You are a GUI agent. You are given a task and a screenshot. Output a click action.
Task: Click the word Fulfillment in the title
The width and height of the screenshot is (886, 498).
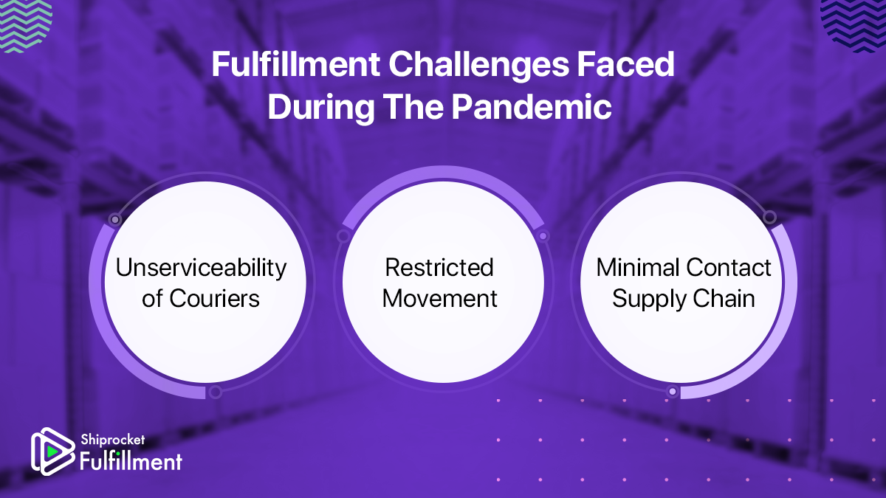[296, 64]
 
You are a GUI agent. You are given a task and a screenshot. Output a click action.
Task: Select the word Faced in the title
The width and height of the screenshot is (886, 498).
[626, 64]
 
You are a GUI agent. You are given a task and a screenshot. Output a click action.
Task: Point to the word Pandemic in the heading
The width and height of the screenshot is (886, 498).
[532, 107]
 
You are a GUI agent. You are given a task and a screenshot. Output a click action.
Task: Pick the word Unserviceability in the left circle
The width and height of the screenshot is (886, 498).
[201, 269]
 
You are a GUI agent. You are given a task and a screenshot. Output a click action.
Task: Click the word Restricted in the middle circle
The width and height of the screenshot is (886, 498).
[439, 268]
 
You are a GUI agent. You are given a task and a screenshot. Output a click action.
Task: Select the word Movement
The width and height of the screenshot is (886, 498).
[439, 298]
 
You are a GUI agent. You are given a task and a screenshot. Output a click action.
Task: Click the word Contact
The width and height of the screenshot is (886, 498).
[729, 268]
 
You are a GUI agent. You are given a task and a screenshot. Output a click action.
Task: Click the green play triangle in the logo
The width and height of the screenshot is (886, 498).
[52, 452]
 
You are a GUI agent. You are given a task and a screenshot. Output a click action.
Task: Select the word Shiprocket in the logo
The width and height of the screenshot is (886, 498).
[113, 440]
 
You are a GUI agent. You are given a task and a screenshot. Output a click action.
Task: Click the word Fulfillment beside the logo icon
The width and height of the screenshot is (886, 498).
[131, 461]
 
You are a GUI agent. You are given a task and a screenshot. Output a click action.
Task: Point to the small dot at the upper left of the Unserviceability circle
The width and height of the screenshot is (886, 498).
[115, 219]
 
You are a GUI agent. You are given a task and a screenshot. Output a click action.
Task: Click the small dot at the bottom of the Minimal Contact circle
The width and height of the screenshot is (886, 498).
[672, 392]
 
